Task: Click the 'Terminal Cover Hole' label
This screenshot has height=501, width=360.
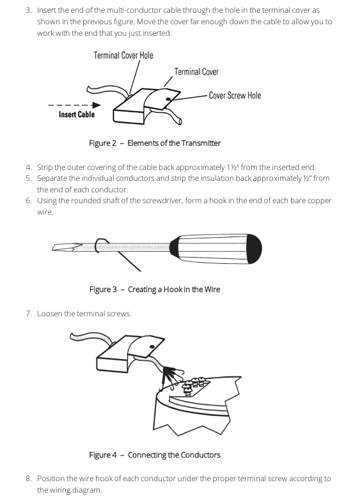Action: coord(123,56)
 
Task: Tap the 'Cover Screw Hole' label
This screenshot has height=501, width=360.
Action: coord(235,96)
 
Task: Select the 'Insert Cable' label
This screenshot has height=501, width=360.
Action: coord(77,114)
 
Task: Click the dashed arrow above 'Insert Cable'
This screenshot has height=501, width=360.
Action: coord(74,105)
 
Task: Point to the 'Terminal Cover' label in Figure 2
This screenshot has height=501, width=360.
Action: coord(196,72)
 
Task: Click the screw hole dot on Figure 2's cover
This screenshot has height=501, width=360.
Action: coord(168,99)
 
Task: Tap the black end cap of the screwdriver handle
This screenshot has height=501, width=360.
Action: coord(254,249)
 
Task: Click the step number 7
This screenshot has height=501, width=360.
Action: coord(29,314)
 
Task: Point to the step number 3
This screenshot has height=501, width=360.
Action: coord(29,10)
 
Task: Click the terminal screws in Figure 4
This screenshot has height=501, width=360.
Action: coord(194,385)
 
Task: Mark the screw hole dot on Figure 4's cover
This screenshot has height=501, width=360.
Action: coord(152,346)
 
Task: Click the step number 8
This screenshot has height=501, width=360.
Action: coord(29,479)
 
